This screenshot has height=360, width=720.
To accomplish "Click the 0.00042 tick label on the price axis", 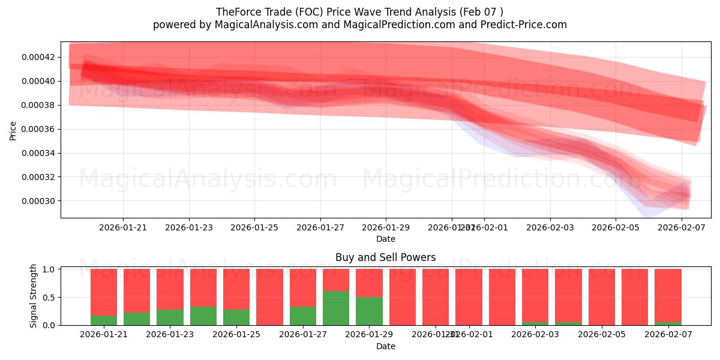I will (37, 58).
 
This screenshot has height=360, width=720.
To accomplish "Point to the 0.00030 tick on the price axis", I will (37, 201).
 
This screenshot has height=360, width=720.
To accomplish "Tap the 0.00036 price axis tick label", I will (37, 130).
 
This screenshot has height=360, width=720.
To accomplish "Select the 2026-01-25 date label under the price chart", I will (254, 227).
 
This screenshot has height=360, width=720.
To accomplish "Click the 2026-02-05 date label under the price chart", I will (615, 227).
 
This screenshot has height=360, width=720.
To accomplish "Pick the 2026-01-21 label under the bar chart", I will (104, 335).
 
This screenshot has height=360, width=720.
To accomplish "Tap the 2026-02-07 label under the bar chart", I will (667, 335).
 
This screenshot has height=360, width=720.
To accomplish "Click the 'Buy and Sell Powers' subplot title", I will (385, 257).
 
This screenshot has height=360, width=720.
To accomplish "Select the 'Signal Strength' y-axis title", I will (34, 296).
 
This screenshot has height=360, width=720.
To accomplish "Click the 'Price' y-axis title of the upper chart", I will (13, 130).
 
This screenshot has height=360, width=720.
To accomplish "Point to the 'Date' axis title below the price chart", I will (385, 239).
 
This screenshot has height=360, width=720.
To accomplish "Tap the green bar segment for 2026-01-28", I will (335, 308).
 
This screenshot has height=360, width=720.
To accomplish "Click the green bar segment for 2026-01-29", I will (369, 311).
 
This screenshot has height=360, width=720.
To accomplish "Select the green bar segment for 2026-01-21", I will (104, 320).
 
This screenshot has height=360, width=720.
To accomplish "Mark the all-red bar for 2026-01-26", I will (269, 297).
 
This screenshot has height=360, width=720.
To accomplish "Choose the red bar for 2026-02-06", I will (635, 297).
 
